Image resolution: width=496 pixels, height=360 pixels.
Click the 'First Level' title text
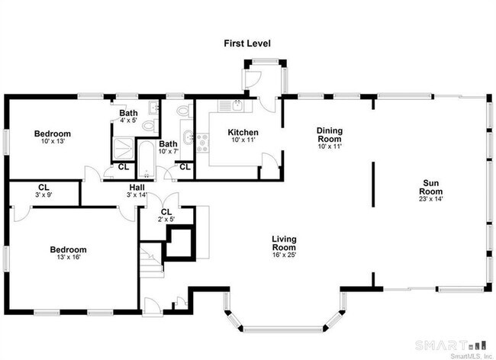247,43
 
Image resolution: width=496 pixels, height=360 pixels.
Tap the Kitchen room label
243,133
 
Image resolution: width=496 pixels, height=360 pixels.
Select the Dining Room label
330,135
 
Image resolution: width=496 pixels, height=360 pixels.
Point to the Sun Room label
431,187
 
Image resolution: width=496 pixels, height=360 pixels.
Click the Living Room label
284,243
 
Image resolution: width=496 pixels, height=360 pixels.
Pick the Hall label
137,186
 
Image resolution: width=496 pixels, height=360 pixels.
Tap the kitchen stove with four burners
203,143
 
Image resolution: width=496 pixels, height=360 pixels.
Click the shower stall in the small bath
124,146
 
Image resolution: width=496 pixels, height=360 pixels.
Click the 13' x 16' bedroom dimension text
68,257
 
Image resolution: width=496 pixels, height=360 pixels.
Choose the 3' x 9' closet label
43,195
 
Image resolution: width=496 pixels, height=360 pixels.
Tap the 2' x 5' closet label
166,219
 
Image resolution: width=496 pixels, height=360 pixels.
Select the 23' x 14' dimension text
431,198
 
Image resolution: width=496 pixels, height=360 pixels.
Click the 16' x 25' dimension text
284,255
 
